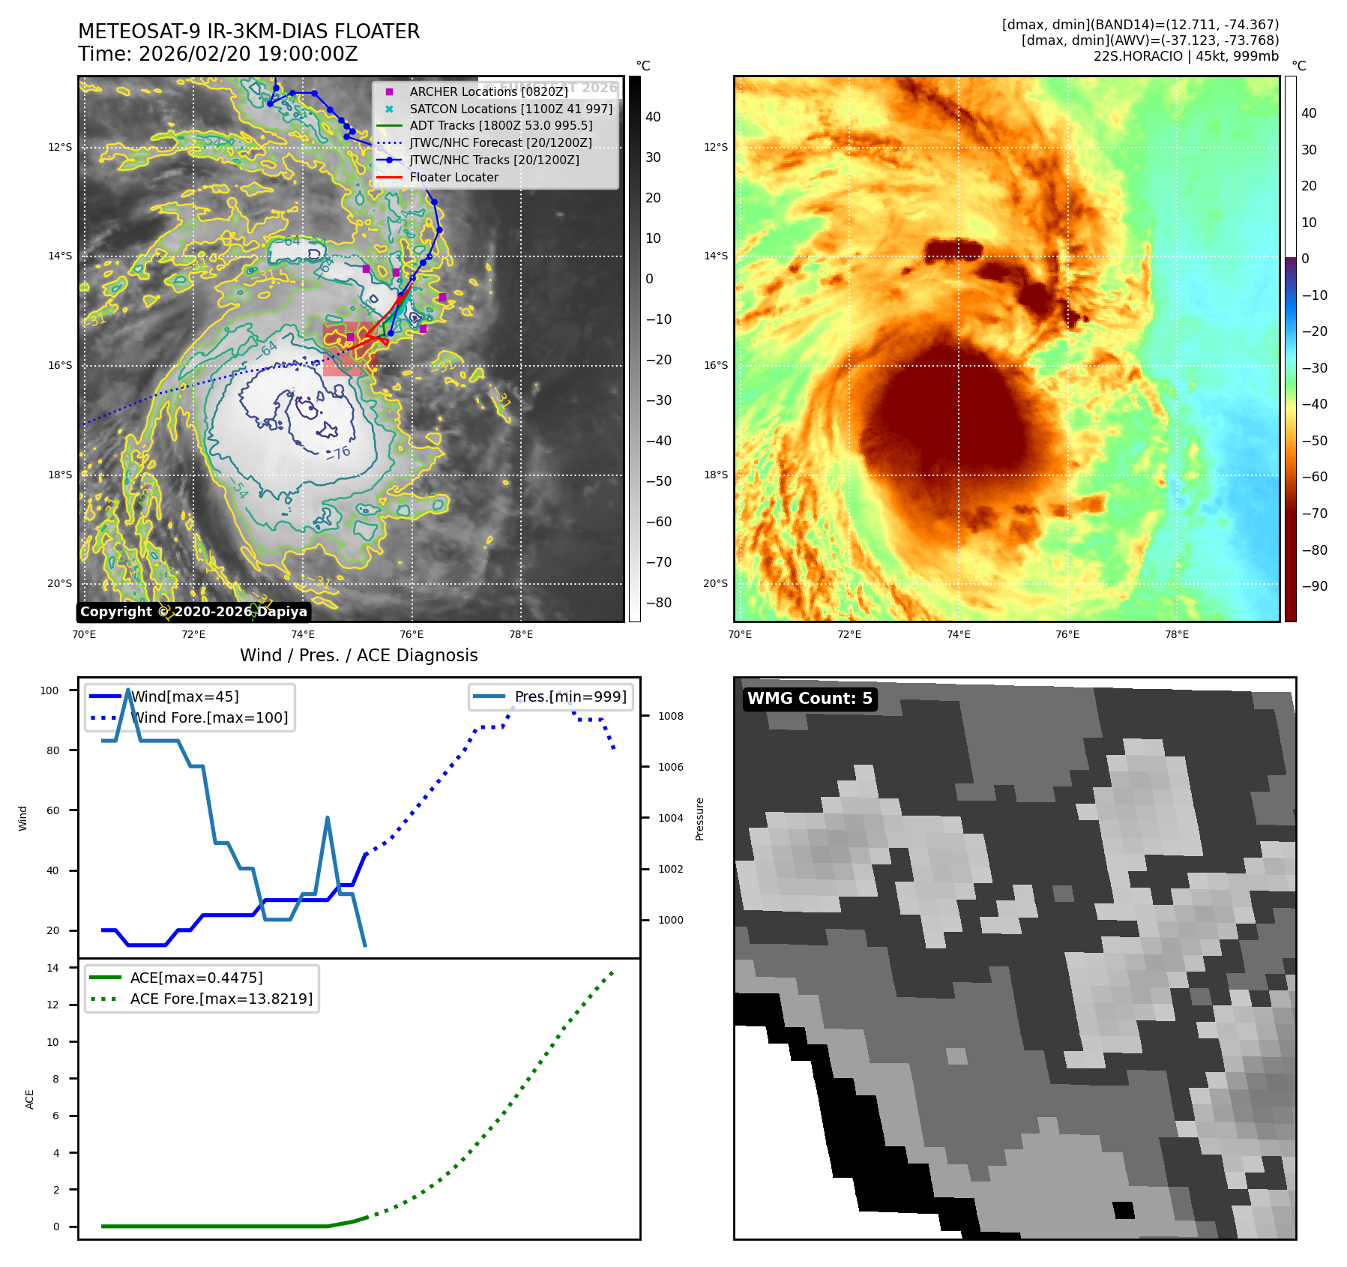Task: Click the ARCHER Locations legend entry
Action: (x=488, y=91)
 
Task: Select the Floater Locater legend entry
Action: (x=453, y=178)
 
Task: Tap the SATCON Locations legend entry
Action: (x=510, y=109)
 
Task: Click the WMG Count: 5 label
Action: (x=810, y=699)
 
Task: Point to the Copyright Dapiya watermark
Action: (x=193, y=612)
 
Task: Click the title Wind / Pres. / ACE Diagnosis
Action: (x=358, y=655)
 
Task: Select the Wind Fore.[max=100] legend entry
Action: (x=209, y=717)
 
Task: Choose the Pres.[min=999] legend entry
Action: (x=570, y=696)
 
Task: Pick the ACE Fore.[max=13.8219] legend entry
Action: (x=221, y=999)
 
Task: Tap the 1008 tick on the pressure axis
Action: (x=670, y=716)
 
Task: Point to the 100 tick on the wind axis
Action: (x=49, y=690)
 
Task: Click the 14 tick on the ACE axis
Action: (x=52, y=968)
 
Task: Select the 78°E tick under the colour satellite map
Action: (x=1176, y=634)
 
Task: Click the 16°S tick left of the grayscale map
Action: (x=60, y=366)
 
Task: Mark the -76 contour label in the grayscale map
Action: (x=339, y=453)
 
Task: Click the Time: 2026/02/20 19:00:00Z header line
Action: (x=217, y=55)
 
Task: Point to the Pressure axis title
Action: (x=699, y=819)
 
